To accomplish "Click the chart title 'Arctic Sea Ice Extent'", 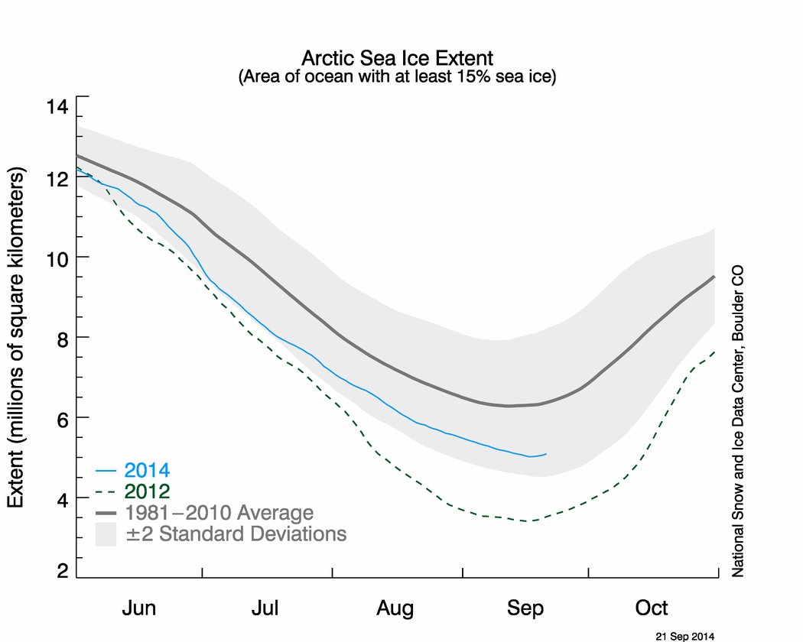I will pyautogui.click(x=398, y=59).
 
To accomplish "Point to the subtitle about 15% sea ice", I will pyautogui.click(x=398, y=76).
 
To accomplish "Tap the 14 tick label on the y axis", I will pyautogui.click(x=58, y=107).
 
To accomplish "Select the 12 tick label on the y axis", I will pyautogui.click(x=58, y=178).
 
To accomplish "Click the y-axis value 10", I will pyautogui.click(x=58, y=258).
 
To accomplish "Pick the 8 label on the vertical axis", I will pyautogui.click(x=63, y=338).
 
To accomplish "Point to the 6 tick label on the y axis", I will pyautogui.click(x=63, y=418).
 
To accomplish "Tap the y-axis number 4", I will pyautogui.click(x=63, y=498).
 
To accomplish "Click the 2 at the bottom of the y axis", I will pyautogui.click(x=63, y=572).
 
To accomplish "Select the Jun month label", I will pyautogui.click(x=139, y=608).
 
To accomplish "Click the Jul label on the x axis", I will pyautogui.click(x=265, y=608).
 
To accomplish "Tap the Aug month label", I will pyautogui.click(x=395, y=608).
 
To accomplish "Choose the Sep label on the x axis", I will pyautogui.click(x=525, y=608).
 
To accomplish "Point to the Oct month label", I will pyautogui.click(x=652, y=608).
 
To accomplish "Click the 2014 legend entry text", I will pyautogui.click(x=147, y=470).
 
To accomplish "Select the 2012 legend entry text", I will pyautogui.click(x=147, y=491).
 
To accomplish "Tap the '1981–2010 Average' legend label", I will pyautogui.click(x=218, y=512).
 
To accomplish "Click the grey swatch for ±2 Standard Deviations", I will pyautogui.click(x=106, y=533).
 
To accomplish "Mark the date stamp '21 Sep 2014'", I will pyautogui.click(x=685, y=635).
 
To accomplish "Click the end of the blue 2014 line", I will pyautogui.click(x=546, y=454).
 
